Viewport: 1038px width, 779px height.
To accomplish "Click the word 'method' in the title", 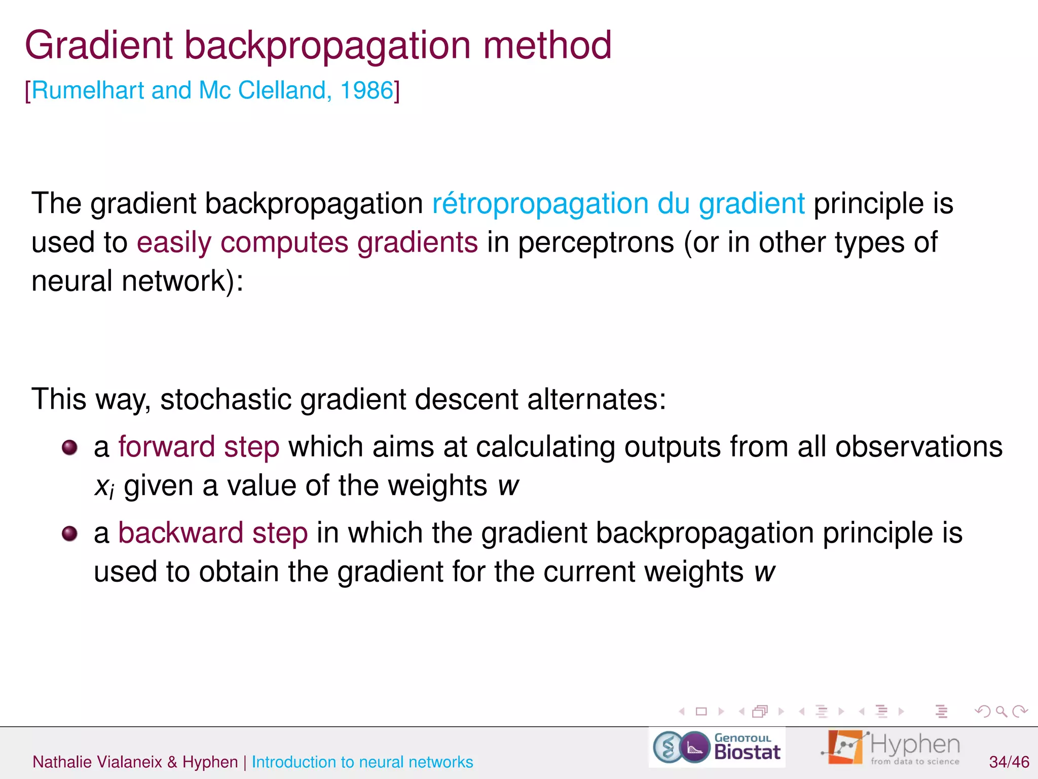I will [547, 46].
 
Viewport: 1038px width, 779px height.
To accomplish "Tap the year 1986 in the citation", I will [366, 91].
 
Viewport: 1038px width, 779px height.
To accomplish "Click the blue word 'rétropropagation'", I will [540, 204].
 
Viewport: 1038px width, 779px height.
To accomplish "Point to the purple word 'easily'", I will [174, 243].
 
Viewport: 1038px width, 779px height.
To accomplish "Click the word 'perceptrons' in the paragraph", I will [596, 243].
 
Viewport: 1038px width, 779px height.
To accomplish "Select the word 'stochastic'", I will [226, 399].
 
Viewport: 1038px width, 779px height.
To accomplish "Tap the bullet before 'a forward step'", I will [69, 447].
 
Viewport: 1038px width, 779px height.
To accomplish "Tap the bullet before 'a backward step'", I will [69, 534].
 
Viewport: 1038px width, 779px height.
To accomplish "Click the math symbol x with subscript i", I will [104, 487].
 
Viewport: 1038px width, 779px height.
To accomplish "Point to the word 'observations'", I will [918, 447].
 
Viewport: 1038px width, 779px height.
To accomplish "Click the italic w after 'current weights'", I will [764, 572].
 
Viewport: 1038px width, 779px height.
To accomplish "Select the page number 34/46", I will [1009, 762].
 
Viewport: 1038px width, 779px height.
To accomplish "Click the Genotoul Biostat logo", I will [717, 748].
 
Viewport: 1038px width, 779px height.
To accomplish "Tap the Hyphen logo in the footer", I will [892, 748].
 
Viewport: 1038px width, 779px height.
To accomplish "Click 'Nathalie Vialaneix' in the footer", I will [97, 762].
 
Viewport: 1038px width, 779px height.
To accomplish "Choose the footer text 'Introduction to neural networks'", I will [362, 762].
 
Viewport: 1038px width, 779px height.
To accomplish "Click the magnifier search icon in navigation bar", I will [1001, 712].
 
